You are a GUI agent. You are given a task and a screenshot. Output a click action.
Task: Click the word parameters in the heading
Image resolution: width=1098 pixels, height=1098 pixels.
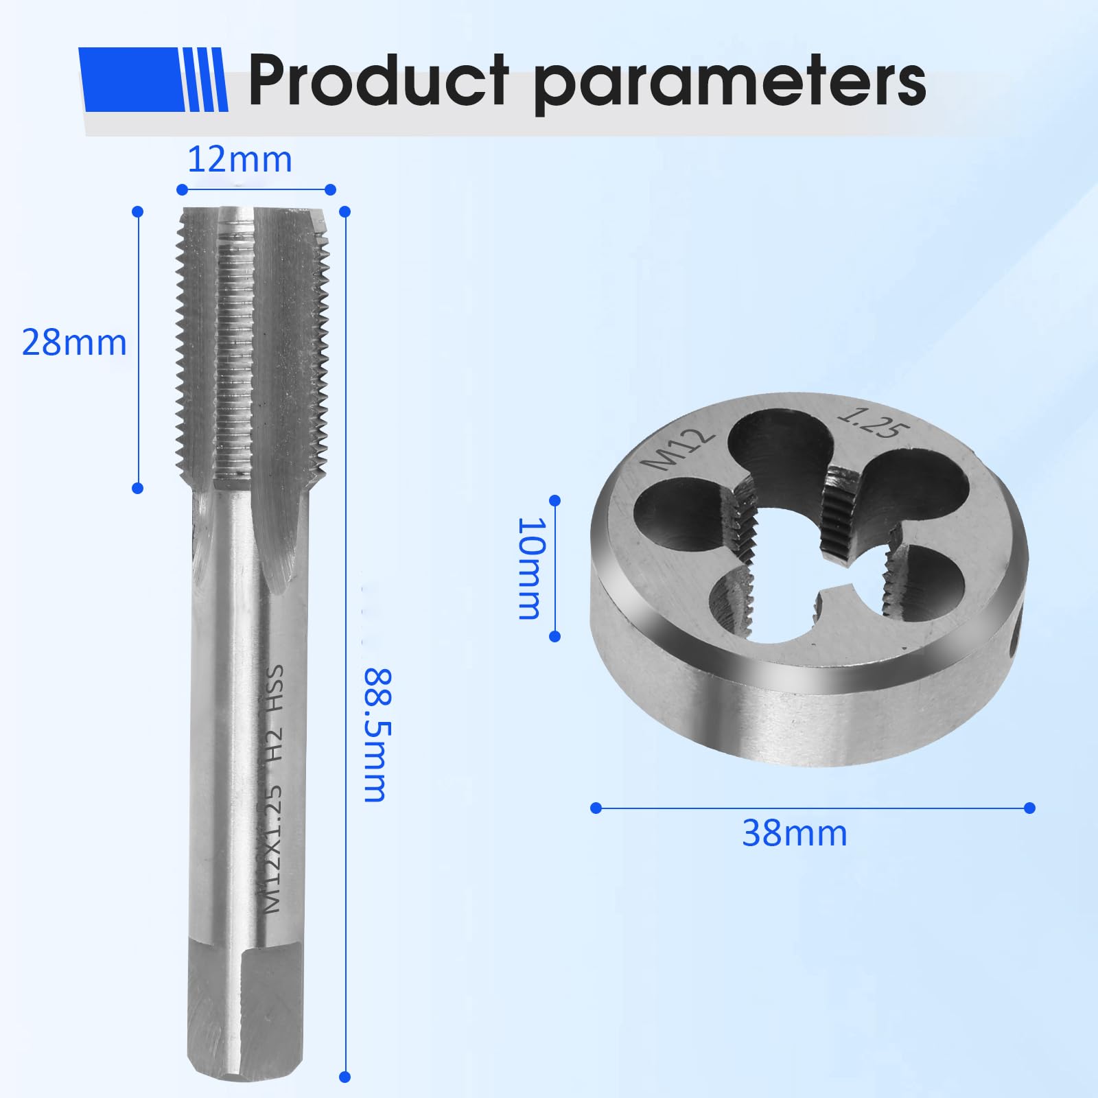pos(730,86)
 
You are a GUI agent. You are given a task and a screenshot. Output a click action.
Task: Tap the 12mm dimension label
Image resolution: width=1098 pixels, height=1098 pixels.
pos(240,160)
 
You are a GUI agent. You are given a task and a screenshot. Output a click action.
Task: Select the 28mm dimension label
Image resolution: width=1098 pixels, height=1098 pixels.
pos(75,342)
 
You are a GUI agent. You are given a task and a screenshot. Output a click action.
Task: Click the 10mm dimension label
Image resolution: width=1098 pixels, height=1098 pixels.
pos(530,568)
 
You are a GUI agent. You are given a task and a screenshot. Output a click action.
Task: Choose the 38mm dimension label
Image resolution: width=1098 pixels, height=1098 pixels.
pos(795,834)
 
